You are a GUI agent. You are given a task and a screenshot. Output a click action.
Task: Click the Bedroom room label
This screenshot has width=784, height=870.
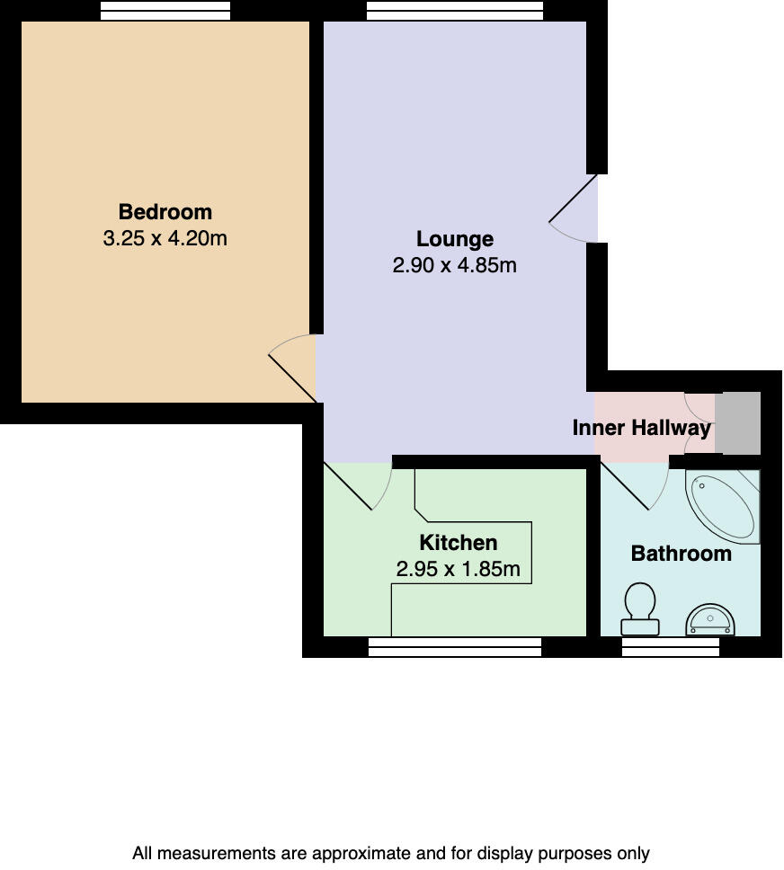tap(165, 212)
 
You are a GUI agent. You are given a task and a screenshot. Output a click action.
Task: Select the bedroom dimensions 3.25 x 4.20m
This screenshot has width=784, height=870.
tap(165, 239)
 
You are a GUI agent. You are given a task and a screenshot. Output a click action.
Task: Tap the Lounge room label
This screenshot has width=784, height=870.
tap(455, 239)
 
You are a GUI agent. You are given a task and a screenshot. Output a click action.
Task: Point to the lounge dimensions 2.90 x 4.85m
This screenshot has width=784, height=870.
tap(455, 266)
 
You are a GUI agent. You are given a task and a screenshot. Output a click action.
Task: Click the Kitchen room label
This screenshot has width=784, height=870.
tap(459, 543)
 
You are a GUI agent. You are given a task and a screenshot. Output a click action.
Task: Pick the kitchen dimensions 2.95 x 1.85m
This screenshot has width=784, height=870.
tap(459, 570)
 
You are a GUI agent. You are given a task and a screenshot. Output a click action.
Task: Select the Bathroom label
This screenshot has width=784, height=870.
tap(681, 554)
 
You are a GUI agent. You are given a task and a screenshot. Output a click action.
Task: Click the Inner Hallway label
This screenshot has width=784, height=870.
tap(642, 428)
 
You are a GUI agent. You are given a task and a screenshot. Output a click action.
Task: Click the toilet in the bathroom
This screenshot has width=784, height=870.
tap(640, 608)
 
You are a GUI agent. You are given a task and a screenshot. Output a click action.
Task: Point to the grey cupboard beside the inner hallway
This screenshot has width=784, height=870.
tap(738, 423)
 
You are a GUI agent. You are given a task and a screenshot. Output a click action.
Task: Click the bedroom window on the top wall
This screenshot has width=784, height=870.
tap(165, 11)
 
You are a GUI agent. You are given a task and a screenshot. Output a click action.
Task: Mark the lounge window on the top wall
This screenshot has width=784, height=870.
tap(455, 11)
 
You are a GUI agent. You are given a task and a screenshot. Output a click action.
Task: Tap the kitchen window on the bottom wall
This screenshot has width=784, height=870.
tap(455, 647)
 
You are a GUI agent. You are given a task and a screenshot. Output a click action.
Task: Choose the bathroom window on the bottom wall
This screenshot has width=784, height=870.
tap(671, 647)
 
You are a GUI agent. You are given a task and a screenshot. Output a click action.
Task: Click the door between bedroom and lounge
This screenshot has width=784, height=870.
tap(294, 368)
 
